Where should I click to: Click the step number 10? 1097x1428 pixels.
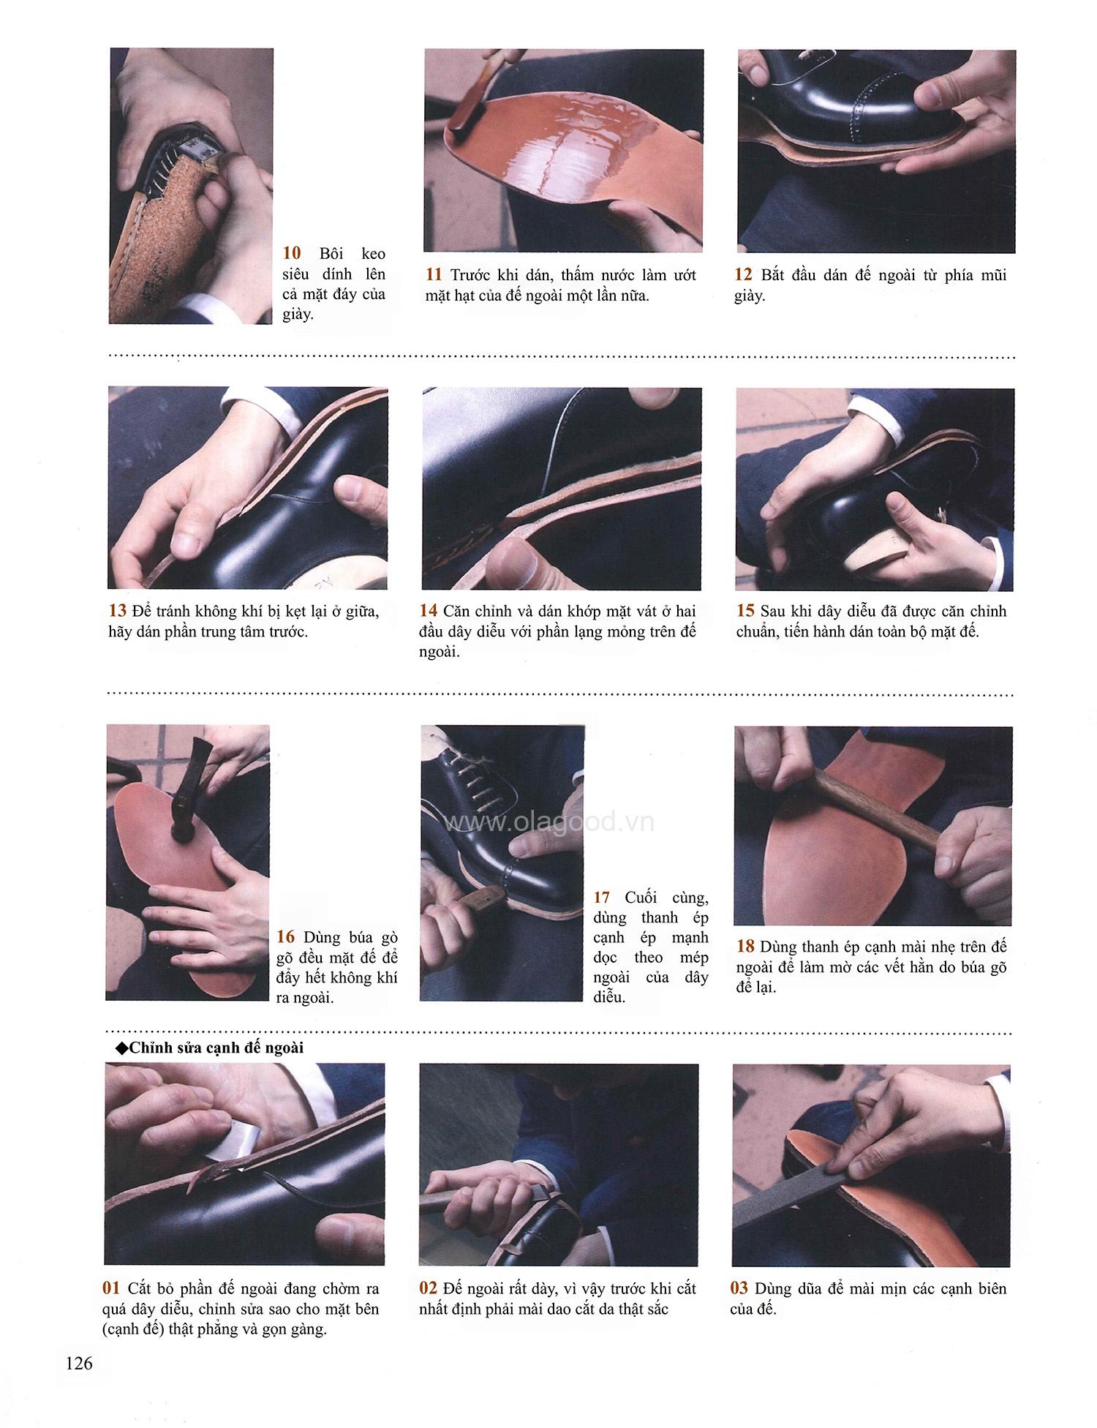coord(292,254)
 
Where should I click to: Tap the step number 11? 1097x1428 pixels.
coord(434,276)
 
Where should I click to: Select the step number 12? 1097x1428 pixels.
coord(743,276)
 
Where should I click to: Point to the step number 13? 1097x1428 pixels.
coord(117,612)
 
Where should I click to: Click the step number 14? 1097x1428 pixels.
coord(429,612)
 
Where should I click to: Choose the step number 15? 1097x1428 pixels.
coord(745,612)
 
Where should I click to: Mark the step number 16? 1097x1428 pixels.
coord(286,937)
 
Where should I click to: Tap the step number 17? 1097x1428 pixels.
coord(602,897)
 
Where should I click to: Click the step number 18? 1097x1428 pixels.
coord(745,946)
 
